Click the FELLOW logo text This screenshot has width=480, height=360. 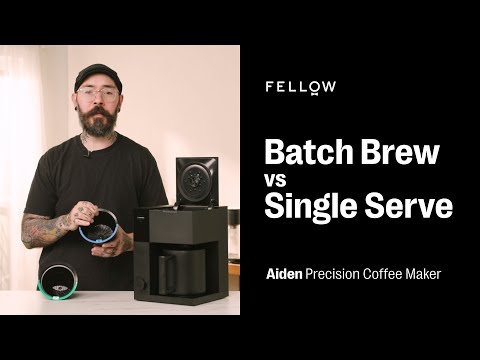point(300,87)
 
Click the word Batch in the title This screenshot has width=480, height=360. point(306,153)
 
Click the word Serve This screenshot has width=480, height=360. point(409,208)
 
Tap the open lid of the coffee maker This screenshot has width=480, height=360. point(195,180)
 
